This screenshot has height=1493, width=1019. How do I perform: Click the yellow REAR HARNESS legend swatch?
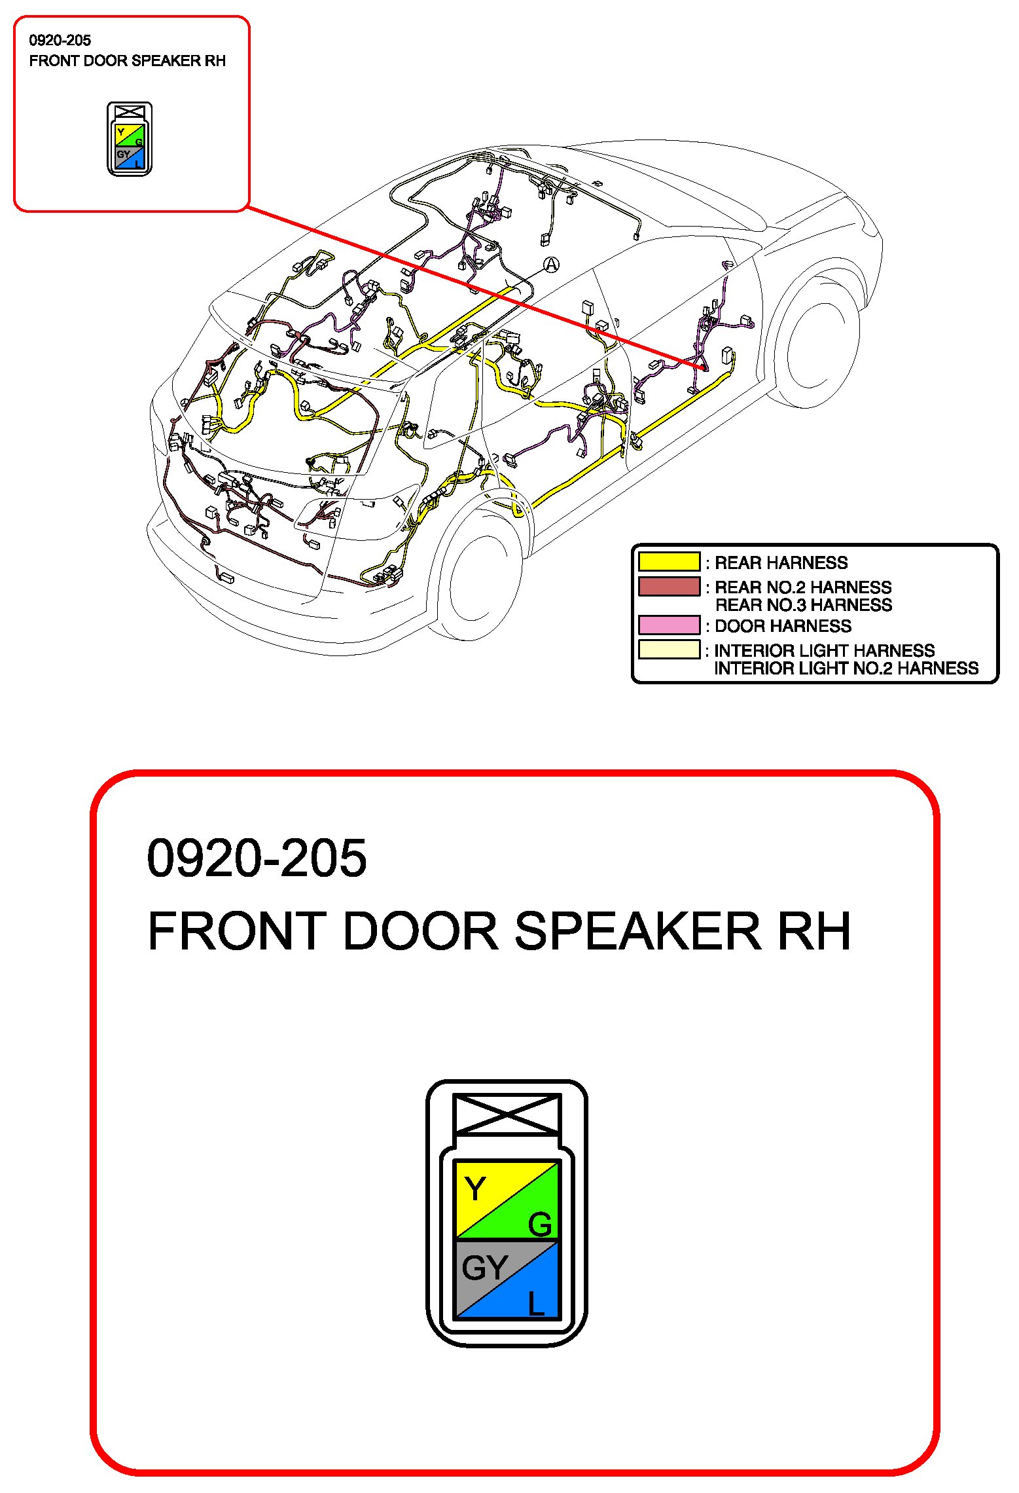669,562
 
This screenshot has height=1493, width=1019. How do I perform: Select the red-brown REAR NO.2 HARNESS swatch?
669,586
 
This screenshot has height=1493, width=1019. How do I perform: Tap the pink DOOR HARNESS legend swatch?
669,625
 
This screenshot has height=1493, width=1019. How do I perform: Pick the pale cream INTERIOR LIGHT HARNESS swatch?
669,650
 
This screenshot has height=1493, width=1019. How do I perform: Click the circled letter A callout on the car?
552,265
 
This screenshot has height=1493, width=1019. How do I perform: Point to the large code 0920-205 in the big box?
257,858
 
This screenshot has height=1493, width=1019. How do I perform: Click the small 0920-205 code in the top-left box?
60,41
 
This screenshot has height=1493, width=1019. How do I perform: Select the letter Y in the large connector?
474,1189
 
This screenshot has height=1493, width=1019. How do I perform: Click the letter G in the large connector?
540,1225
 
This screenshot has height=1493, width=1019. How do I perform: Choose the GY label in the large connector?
484,1268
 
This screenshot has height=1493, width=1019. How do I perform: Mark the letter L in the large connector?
536,1303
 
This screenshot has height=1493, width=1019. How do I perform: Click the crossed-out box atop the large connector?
507,1115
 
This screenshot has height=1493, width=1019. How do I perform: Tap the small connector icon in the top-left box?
130,139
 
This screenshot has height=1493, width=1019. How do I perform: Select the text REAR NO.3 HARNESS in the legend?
803,605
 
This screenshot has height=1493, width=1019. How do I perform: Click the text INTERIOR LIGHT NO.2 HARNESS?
846,669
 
